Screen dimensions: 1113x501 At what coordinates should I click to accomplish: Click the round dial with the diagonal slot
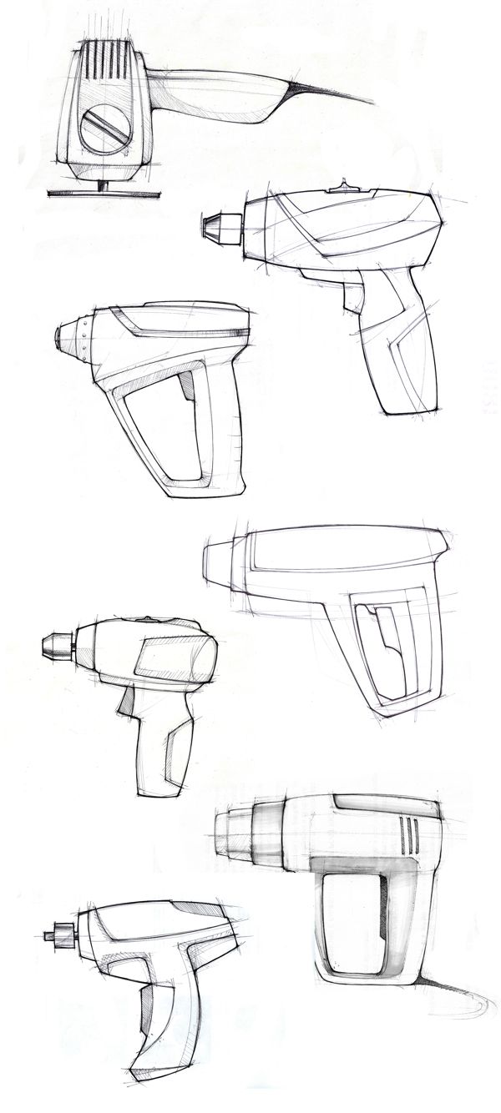click(x=106, y=129)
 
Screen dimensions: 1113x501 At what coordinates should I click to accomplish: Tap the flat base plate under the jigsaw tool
click(x=104, y=194)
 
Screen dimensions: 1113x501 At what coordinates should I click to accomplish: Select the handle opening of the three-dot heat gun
click(x=167, y=434)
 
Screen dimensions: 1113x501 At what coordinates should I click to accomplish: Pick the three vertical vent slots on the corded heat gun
click(x=408, y=835)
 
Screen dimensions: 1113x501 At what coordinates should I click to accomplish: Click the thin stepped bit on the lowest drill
click(x=58, y=935)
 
